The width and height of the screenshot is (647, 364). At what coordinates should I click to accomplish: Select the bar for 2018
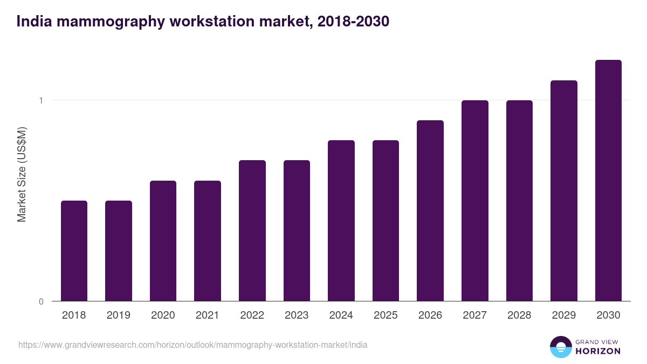tap(74, 251)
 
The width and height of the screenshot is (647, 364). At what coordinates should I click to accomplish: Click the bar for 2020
tap(163, 241)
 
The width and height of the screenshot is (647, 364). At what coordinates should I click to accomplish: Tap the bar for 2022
tap(252, 230)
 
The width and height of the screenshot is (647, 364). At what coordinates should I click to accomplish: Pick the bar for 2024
tap(341, 221)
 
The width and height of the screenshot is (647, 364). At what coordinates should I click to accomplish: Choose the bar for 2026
tap(430, 210)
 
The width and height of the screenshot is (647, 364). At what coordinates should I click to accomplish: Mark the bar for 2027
tap(475, 201)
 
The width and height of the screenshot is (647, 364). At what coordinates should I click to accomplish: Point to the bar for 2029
tap(564, 190)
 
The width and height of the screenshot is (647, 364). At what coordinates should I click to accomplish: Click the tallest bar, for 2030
tap(608, 181)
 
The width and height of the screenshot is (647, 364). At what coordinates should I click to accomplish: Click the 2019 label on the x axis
tap(119, 315)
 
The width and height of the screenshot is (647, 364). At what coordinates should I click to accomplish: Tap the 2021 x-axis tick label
tap(208, 315)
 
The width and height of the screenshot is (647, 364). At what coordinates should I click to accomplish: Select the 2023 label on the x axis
tap(297, 315)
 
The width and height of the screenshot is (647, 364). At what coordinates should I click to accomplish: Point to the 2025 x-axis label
tap(386, 315)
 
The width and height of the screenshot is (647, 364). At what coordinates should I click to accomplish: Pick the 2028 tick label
tap(519, 315)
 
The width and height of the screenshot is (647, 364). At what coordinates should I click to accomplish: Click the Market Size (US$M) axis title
tap(22, 174)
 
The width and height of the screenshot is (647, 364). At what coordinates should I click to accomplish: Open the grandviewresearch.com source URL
tap(192, 345)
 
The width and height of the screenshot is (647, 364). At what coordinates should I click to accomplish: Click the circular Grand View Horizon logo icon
tap(561, 347)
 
